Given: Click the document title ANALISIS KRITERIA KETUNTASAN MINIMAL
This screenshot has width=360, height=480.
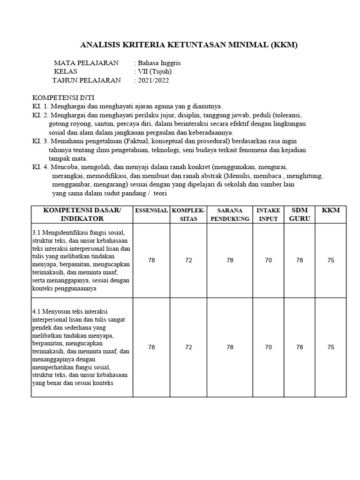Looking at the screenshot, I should pos(189,45).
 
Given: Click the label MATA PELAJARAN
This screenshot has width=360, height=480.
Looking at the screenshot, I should pos(86,63).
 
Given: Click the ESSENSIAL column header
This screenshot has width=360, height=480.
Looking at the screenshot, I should pos(151,211).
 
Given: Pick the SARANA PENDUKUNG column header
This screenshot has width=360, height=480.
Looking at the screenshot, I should pos(230,215).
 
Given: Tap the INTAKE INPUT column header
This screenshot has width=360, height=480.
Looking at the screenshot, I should pos(268,215).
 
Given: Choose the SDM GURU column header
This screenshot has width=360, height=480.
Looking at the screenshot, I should pos(300,215).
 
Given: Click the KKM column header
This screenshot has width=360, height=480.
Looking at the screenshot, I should pos(331,210).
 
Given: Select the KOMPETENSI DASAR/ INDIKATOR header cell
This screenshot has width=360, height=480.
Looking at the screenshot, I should pos(82,215).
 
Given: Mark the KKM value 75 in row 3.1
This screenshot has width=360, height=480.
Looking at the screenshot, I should pos(331,260).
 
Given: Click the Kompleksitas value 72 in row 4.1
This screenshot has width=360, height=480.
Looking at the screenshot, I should pos(188,347).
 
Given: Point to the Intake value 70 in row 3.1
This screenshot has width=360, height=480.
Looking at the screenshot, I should pos(268,260).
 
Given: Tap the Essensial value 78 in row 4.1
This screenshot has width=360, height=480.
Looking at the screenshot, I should pos(151,347).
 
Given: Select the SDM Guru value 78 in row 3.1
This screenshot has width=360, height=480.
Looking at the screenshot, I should pos(300,260).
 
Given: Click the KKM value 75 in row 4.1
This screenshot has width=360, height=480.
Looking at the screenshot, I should pos(331,347).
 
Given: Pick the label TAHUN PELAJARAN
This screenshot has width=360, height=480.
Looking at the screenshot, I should pos(86,80).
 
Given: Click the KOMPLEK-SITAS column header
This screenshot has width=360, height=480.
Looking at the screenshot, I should pos(188,215).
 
